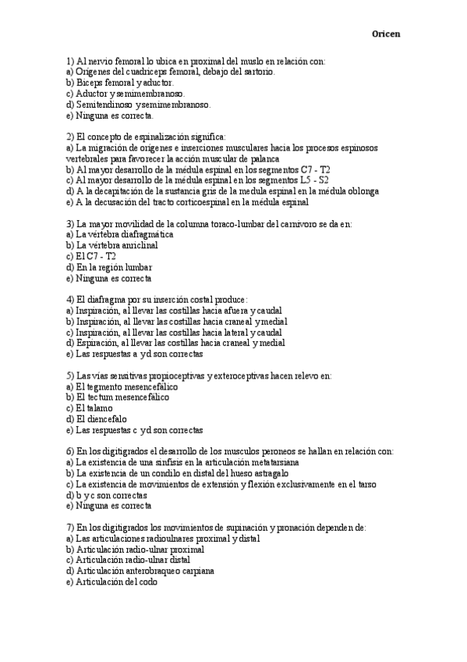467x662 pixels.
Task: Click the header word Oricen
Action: pyautogui.click(x=385, y=34)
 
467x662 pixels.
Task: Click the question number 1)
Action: pyautogui.click(x=70, y=61)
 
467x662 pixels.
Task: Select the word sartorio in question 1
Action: pyautogui.click(x=256, y=71)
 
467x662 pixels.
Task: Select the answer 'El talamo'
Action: pyautogui.click(x=94, y=408)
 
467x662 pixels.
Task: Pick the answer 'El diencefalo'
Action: pyautogui.click(x=101, y=419)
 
